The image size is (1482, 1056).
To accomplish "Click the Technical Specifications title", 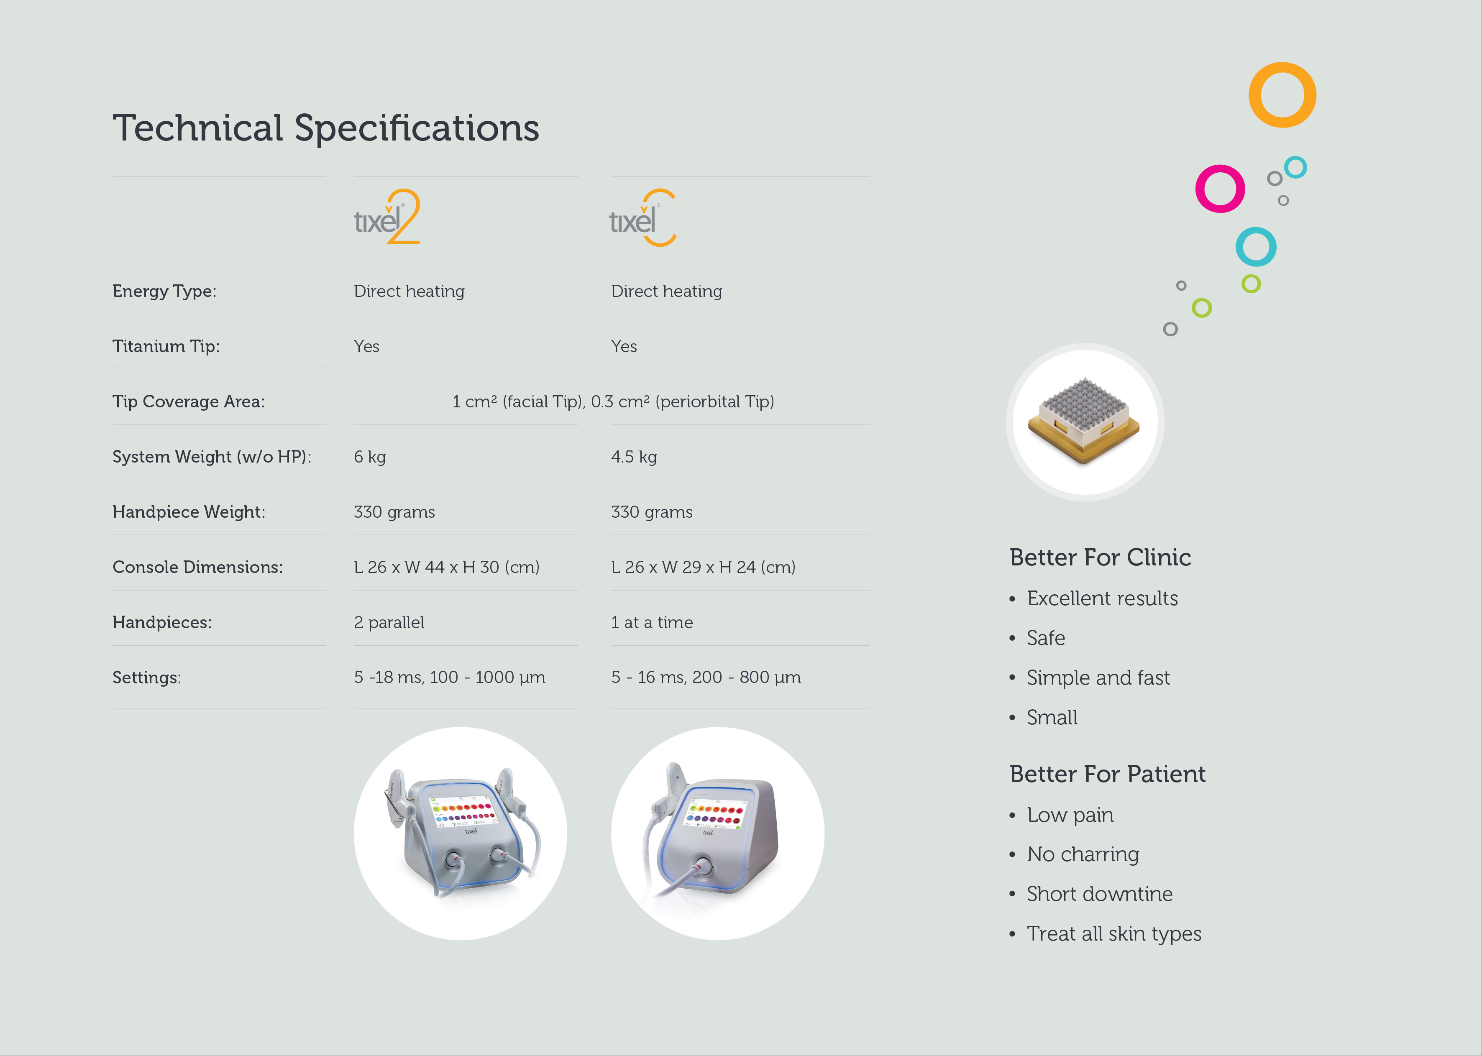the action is pos(326,128).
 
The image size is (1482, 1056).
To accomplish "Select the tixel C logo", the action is pos(642,217).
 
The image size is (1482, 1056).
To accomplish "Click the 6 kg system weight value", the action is pos(370,457).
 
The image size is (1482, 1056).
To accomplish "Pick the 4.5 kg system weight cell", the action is pos(634,457).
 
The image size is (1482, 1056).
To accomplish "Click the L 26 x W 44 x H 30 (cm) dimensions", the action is pos(447,567).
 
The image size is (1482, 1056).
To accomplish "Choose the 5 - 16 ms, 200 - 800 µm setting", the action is pos(706,678).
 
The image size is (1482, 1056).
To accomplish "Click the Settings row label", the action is pos(147,678).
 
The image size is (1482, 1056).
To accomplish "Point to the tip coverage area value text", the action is pos(613,402).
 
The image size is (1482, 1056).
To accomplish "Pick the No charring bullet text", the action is pos(1083,854).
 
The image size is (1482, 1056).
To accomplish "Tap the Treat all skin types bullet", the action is pos(1114,934).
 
